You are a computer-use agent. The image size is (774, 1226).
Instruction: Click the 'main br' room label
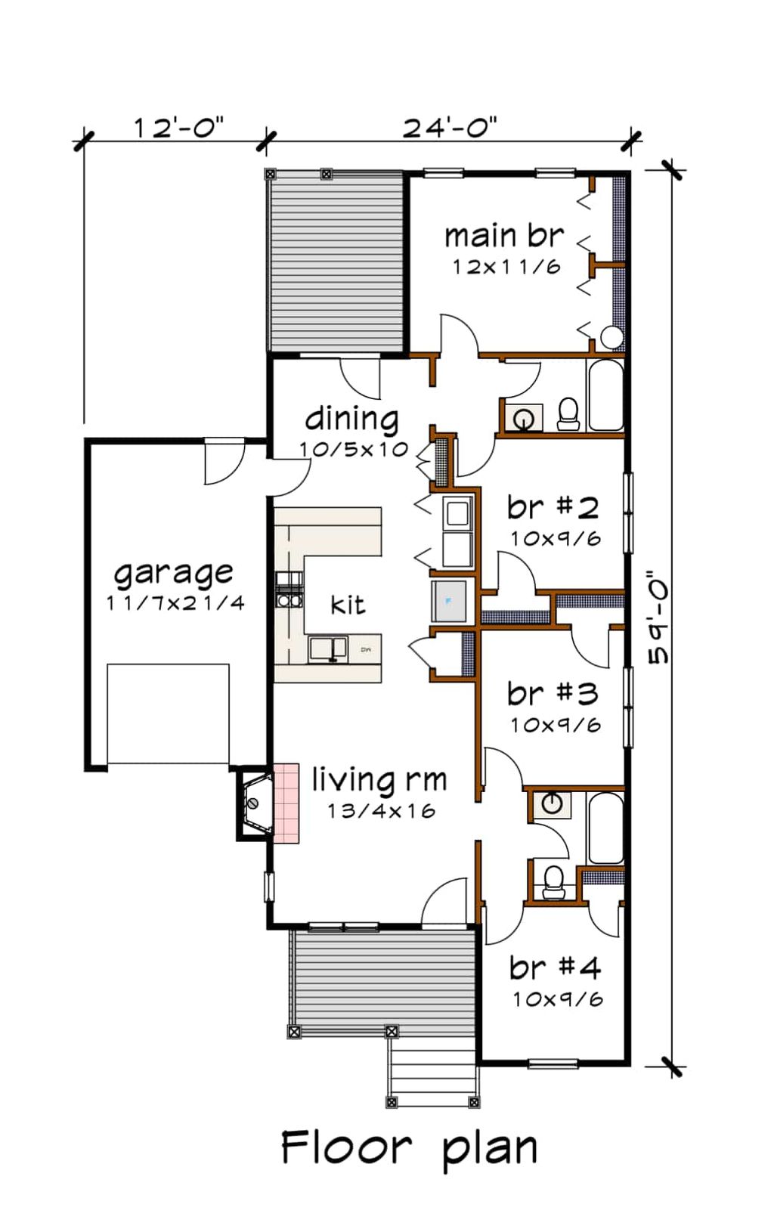coord(503,236)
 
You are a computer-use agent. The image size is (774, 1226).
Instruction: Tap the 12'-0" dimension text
coord(178,127)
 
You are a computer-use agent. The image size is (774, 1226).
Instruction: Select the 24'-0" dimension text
coord(449,127)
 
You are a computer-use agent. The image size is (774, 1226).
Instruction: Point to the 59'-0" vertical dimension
coord(659,618)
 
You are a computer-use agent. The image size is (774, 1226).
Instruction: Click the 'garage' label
coord(173,574)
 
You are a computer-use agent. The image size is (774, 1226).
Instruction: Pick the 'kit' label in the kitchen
coord(348,605)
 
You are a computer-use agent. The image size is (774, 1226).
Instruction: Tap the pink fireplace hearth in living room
coord(286,803)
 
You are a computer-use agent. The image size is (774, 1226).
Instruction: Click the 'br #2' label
coord(553,507)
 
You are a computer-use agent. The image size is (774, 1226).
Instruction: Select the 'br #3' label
coord(553,693)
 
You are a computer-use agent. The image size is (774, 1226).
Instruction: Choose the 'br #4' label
coord(555,967)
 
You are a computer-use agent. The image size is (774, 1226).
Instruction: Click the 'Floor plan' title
coord(409,1148)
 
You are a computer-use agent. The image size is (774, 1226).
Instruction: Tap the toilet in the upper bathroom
coord(568,413)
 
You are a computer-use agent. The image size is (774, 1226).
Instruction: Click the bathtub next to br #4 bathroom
coord(605,828)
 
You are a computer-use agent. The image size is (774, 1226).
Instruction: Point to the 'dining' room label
coord(351,418)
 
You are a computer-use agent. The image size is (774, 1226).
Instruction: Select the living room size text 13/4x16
coord(381,811)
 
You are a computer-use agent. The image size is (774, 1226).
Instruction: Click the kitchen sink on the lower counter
coord(328,649)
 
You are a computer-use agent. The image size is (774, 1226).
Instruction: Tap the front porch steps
coord(433,1072)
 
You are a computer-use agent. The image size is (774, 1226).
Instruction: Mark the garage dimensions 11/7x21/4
coord(175,603)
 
